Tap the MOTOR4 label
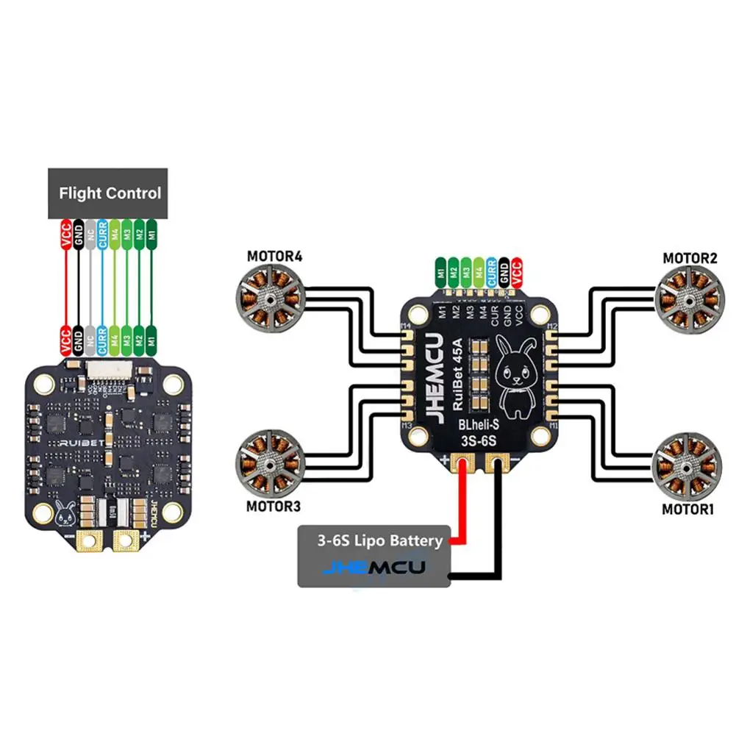[x=275, y=258]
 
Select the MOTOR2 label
[x=690, y=258]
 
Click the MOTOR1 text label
[x=688, y=509]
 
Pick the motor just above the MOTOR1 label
[x=687, y=464]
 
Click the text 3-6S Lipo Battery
[x=380, y=541]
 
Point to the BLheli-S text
[x=479, y=426]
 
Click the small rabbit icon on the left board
[x=64, y=515]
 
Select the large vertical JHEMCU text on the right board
[x=432, y=376]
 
